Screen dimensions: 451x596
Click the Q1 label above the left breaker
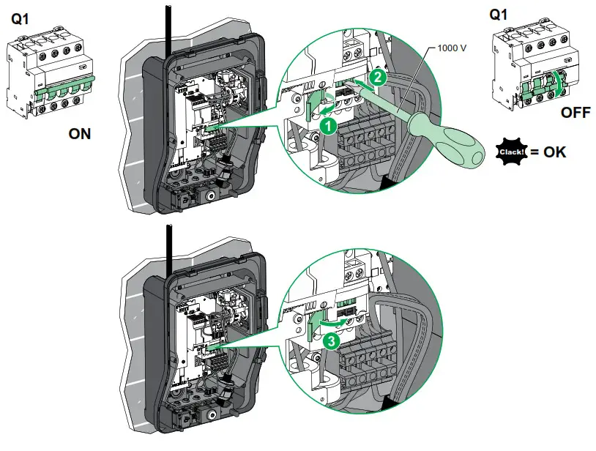coord(21,20)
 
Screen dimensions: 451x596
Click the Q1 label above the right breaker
coord(498,13)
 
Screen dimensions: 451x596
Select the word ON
coord(80,135)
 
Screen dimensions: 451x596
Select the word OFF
coord(576,113)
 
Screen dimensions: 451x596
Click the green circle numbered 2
coord(375,75)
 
